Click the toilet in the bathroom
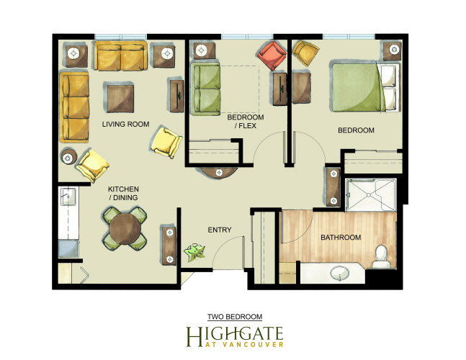(381, 256)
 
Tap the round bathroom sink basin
(339, 273)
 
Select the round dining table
(125, 229)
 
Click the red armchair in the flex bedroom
(272, 55)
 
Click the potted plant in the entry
(194, 253)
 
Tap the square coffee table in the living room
(120, 98)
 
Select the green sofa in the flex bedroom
(205, 89)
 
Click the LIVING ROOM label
(126, 124)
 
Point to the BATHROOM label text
(341, 238)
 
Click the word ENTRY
(220, 230)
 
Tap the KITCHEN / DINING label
(123, 194)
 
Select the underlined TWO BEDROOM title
(235, 317)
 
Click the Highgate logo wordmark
(235, 337)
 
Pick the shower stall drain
(369, 195)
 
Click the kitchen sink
(68, 197)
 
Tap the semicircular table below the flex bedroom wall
(219, 173)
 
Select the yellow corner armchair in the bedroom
(305, 53)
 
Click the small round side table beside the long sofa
(69, 156)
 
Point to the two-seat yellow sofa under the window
(121, 56)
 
